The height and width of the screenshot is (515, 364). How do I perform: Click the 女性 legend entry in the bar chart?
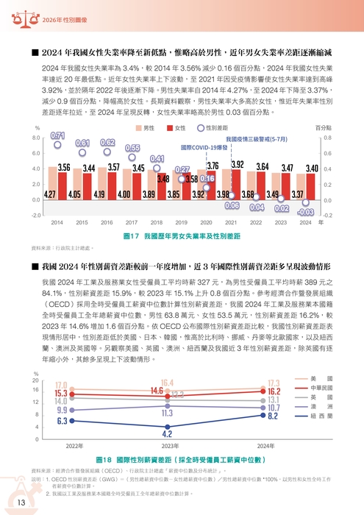click(x=177, y=128)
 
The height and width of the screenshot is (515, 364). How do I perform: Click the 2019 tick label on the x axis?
click(x=157, y=221)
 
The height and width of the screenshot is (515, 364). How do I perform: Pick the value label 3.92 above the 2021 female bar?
click(x=237, y=165)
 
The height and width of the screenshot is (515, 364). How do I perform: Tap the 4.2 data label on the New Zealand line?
click(x=167, y=434)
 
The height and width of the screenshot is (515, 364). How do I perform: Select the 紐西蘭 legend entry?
click(x=322, y=416)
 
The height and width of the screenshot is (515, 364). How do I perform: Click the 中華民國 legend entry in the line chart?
click(x=322, y=387)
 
